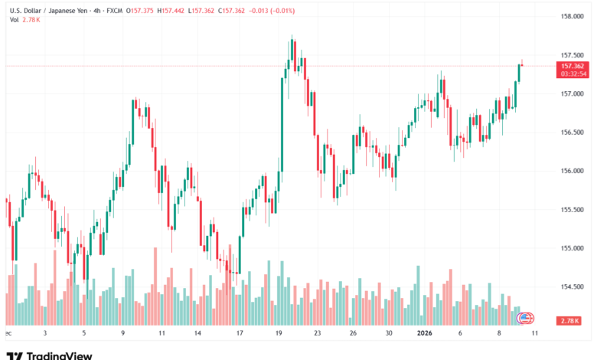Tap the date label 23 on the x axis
315,334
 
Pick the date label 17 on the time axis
240,334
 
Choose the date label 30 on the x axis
389,334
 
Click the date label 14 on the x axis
197,334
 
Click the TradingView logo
49,355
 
